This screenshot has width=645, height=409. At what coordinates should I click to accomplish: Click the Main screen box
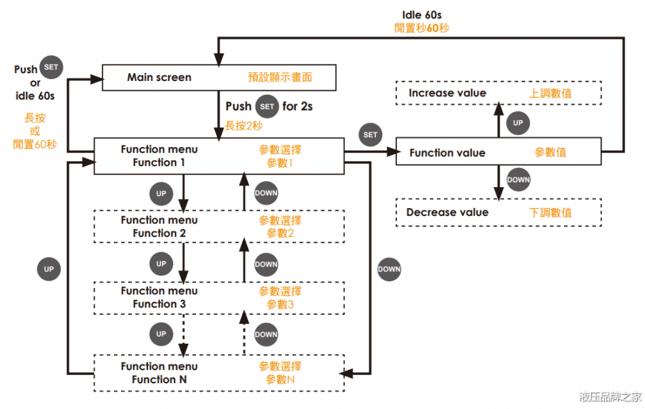click(x=219, y=78)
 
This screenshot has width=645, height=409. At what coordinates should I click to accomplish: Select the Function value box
click(x=498, y=153)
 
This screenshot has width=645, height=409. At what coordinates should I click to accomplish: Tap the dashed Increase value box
click(x=498, y=93)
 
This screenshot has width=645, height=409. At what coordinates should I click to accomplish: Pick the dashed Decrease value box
click(x=498, y=213)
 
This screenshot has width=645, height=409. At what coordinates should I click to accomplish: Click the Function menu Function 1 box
click(x=219, y=156)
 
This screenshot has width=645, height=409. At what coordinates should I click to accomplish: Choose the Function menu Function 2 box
click(x=219, y=227)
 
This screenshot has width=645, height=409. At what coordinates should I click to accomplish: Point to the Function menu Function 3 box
click(x=219, y=298)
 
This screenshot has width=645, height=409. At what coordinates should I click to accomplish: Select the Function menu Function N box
click(x=219, y=373)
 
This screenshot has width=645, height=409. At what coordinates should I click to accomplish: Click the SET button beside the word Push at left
click(x=51, y=67)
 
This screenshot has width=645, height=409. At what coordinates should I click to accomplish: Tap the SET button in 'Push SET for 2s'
click(x=267, y=106)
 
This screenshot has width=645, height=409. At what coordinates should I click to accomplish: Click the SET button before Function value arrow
click(x=371, y=134)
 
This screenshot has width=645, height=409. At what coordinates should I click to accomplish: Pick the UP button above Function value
click(x=518, y=123)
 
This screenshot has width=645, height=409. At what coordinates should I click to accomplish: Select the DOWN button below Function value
click(x=518, y=179)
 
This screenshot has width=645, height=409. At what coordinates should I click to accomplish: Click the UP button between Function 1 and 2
click(x=161, y=194)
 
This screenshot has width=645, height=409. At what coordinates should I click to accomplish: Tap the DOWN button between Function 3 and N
click(x=266, y=334)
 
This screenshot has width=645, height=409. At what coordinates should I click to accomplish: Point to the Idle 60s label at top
click(x=421, y=14)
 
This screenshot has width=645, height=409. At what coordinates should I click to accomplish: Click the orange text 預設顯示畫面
click(x=280, y=78)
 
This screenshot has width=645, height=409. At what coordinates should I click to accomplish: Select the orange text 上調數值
click(x=550, y=94)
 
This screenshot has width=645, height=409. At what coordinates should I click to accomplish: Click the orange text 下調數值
click(x=550, y=213)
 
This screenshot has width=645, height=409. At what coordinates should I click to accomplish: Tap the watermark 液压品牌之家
click(x=609, y=396)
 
